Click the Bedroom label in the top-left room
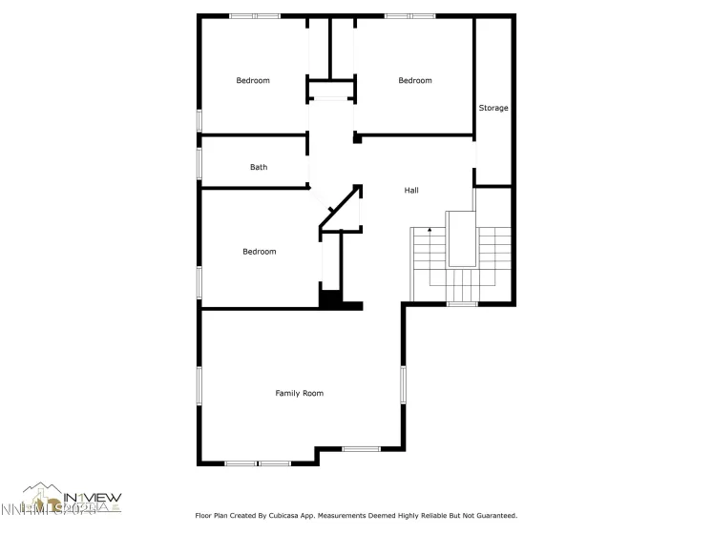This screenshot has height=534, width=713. click(x=253, y=81)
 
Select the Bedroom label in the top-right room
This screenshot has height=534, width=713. click(x=415, y=81)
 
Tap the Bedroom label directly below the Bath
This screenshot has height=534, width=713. click(x=259, y=252)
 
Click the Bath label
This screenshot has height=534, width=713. click(x=259, y=168)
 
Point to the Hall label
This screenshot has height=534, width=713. click(x=411, y=191)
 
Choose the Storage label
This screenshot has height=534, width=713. click(x=493, y=109)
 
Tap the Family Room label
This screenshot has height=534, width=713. click(x=300, y=394)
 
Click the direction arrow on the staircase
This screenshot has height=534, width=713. click(x=430, y=230)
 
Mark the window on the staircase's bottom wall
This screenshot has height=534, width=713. click(x=462, y=304)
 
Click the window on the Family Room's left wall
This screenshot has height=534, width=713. click(x=199, y=385)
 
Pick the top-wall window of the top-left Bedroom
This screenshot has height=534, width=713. click(x=255, y=16)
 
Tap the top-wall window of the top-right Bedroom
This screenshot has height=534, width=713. click(x=410, y=16)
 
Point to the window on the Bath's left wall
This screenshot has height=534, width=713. click(x=199, y=162)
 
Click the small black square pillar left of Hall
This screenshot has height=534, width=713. click(x=357, y=139)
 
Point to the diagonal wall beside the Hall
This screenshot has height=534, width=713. click(x=339, y=209)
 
